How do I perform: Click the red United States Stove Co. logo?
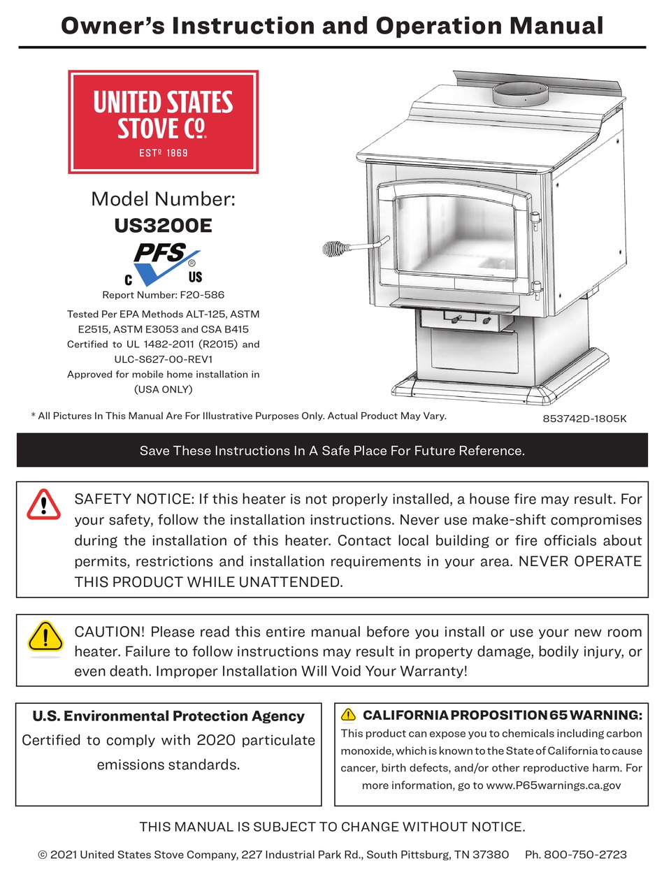[163, 122]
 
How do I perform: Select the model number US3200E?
[163, 226]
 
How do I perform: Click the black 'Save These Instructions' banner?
[332, 451]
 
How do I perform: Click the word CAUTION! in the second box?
[110, 632]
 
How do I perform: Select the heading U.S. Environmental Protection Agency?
[168, 716]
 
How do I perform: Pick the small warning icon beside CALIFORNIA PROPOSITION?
[349, 714]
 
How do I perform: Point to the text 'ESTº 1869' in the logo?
[163, 152]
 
